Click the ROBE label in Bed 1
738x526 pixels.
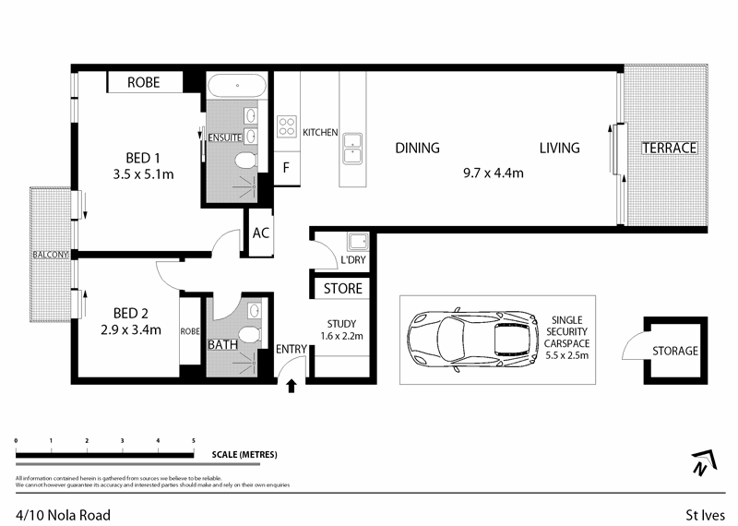tap(143, 83)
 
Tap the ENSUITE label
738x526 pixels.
tap(225, 137)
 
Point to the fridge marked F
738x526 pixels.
tap(287, 168)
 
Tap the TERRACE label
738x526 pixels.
tap(669, 148)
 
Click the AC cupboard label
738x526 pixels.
tap(260, 233)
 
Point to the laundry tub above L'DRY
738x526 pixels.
tap(357, 243)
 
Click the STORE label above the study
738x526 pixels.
tap(342, 290)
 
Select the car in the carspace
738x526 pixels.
tap(472, 339)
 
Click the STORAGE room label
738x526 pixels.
tap(674, 351)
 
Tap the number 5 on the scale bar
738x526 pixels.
tap(193, 441)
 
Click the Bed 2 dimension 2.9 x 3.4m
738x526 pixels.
tap(131, 329)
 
